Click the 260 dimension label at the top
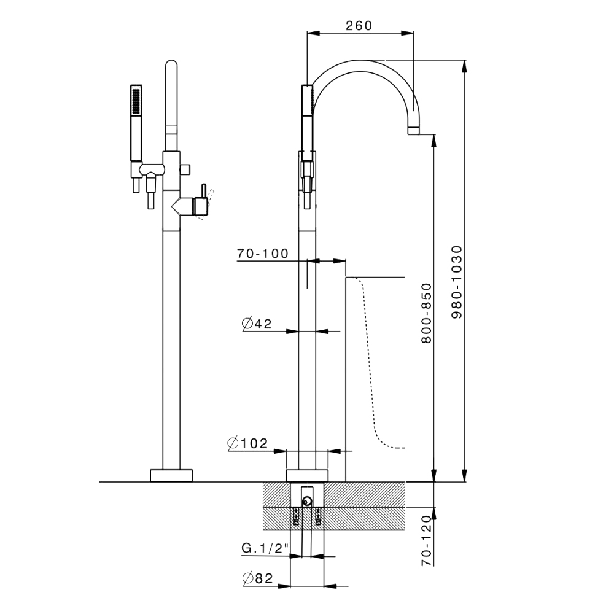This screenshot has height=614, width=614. click(359, 26)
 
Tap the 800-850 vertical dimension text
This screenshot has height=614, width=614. click(427, 313)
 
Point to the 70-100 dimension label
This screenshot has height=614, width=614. click(262, 254)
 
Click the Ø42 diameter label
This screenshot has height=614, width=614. click(257, 324)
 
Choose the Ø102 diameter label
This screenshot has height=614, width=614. click(248, 443)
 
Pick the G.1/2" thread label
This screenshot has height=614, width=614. click(265, 548)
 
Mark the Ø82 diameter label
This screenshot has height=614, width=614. click(257, 578)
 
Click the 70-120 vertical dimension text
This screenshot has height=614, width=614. click(427, 540)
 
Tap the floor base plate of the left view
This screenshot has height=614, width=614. click(171, 475)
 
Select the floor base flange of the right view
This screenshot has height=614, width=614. click(307, 475)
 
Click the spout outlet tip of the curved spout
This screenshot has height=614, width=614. click(414, 131)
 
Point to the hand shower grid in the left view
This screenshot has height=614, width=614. click(136, 101)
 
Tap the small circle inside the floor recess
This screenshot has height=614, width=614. click(307, 501)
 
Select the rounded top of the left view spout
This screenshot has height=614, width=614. click(171, 64)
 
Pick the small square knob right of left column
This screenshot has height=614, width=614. click(185, 169)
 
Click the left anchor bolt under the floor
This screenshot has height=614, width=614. click(296, 516)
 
